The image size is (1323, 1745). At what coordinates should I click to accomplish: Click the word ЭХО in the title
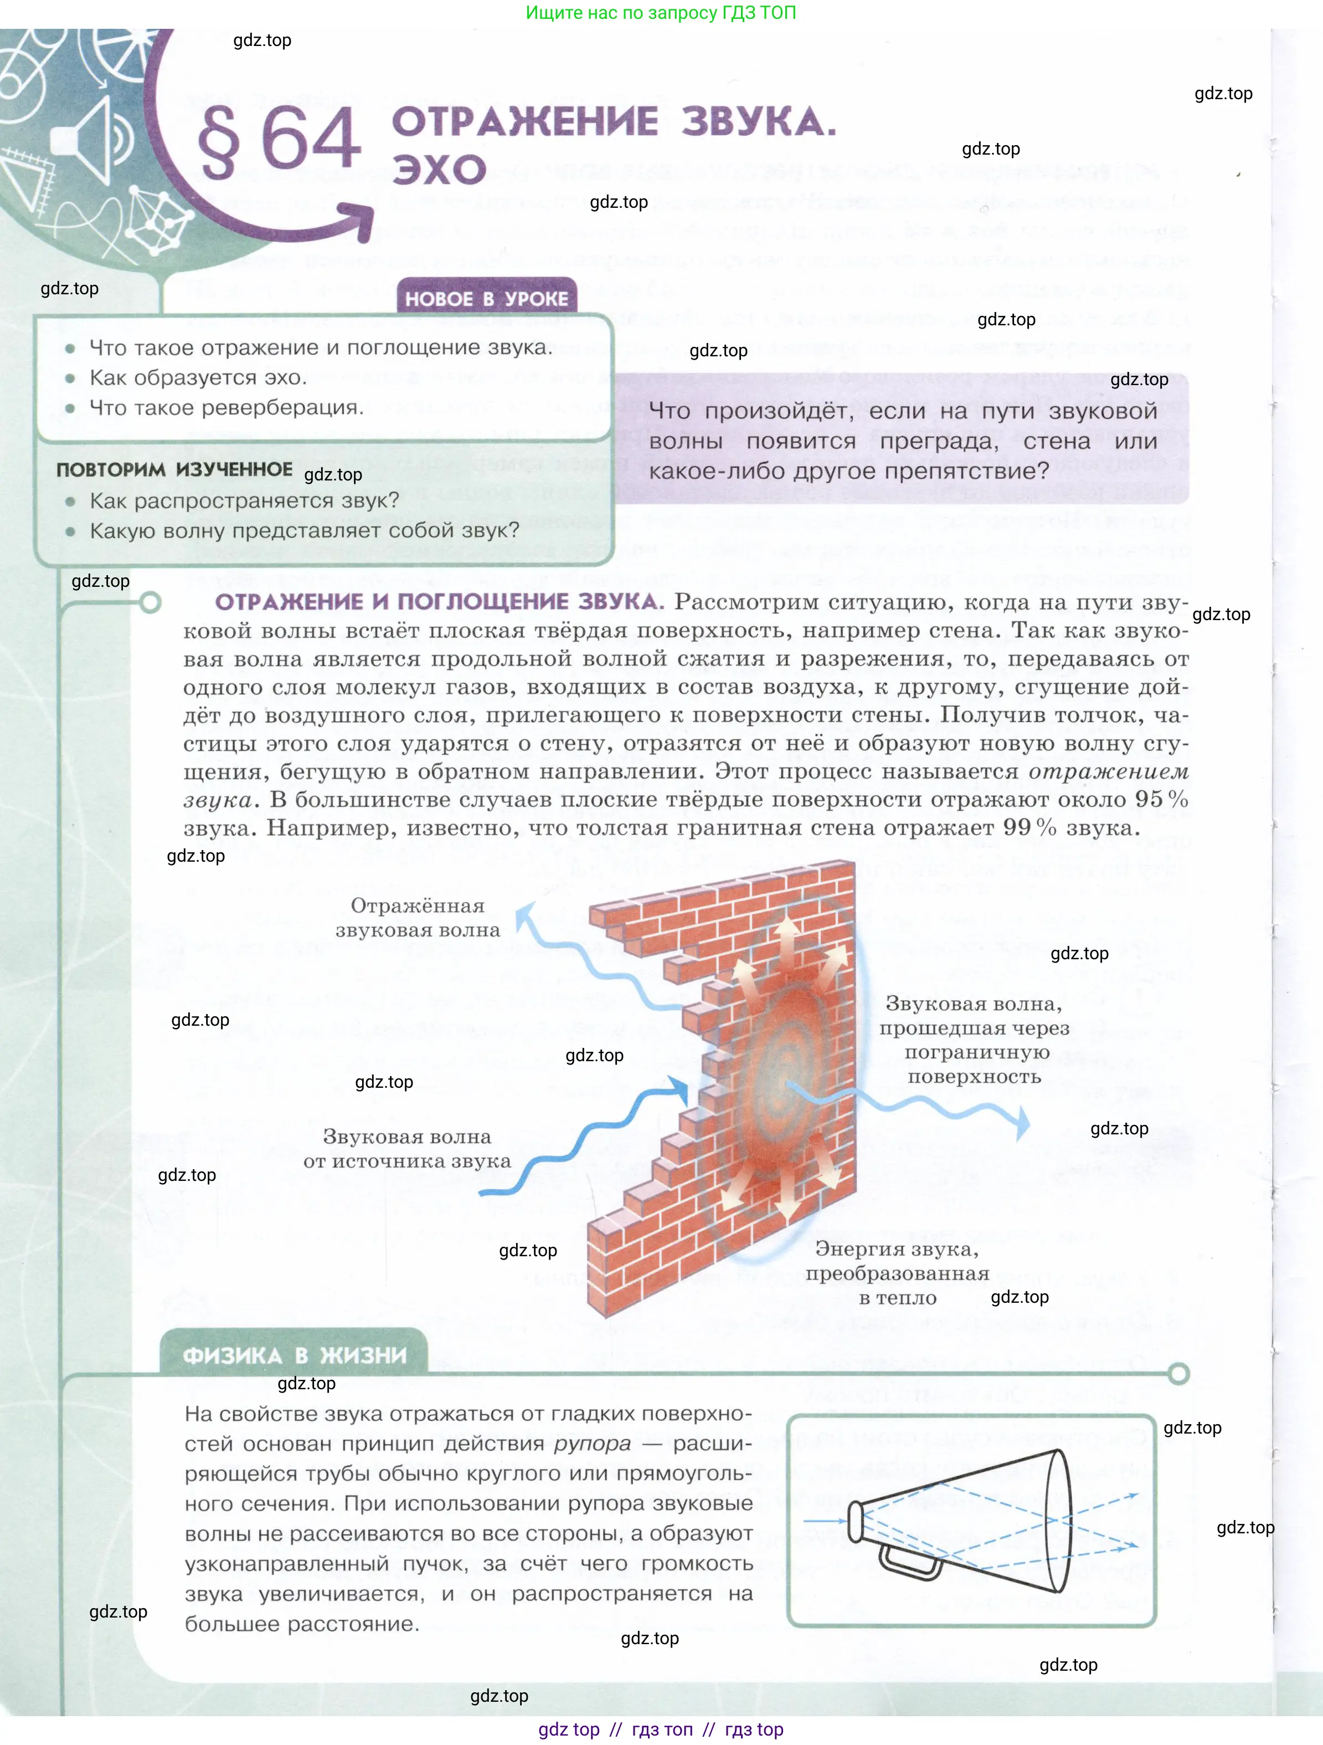pos(439,169)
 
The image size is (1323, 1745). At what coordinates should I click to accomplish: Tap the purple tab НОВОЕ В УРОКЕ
pos(486,298)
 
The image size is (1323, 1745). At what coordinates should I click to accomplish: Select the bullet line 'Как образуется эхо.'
pos(197,378)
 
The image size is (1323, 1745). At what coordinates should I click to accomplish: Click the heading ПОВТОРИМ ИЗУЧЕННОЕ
pos(174,469)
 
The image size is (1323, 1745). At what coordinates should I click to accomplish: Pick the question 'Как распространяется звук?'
pos(244,500)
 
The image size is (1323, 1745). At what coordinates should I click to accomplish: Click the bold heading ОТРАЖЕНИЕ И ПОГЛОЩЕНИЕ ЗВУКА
pos(439,602)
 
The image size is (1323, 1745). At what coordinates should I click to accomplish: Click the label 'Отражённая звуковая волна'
pos(418,918)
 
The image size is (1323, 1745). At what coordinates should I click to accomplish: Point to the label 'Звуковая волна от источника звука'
pos(407,1149)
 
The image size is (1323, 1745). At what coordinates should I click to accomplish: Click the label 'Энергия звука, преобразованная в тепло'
pos(897,1273)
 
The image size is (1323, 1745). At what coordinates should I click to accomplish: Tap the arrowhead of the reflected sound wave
pos(523,914)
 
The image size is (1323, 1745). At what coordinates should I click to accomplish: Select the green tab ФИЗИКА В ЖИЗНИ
pos(294,1355)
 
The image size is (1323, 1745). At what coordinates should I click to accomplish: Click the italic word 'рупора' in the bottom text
pos(592,1444)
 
